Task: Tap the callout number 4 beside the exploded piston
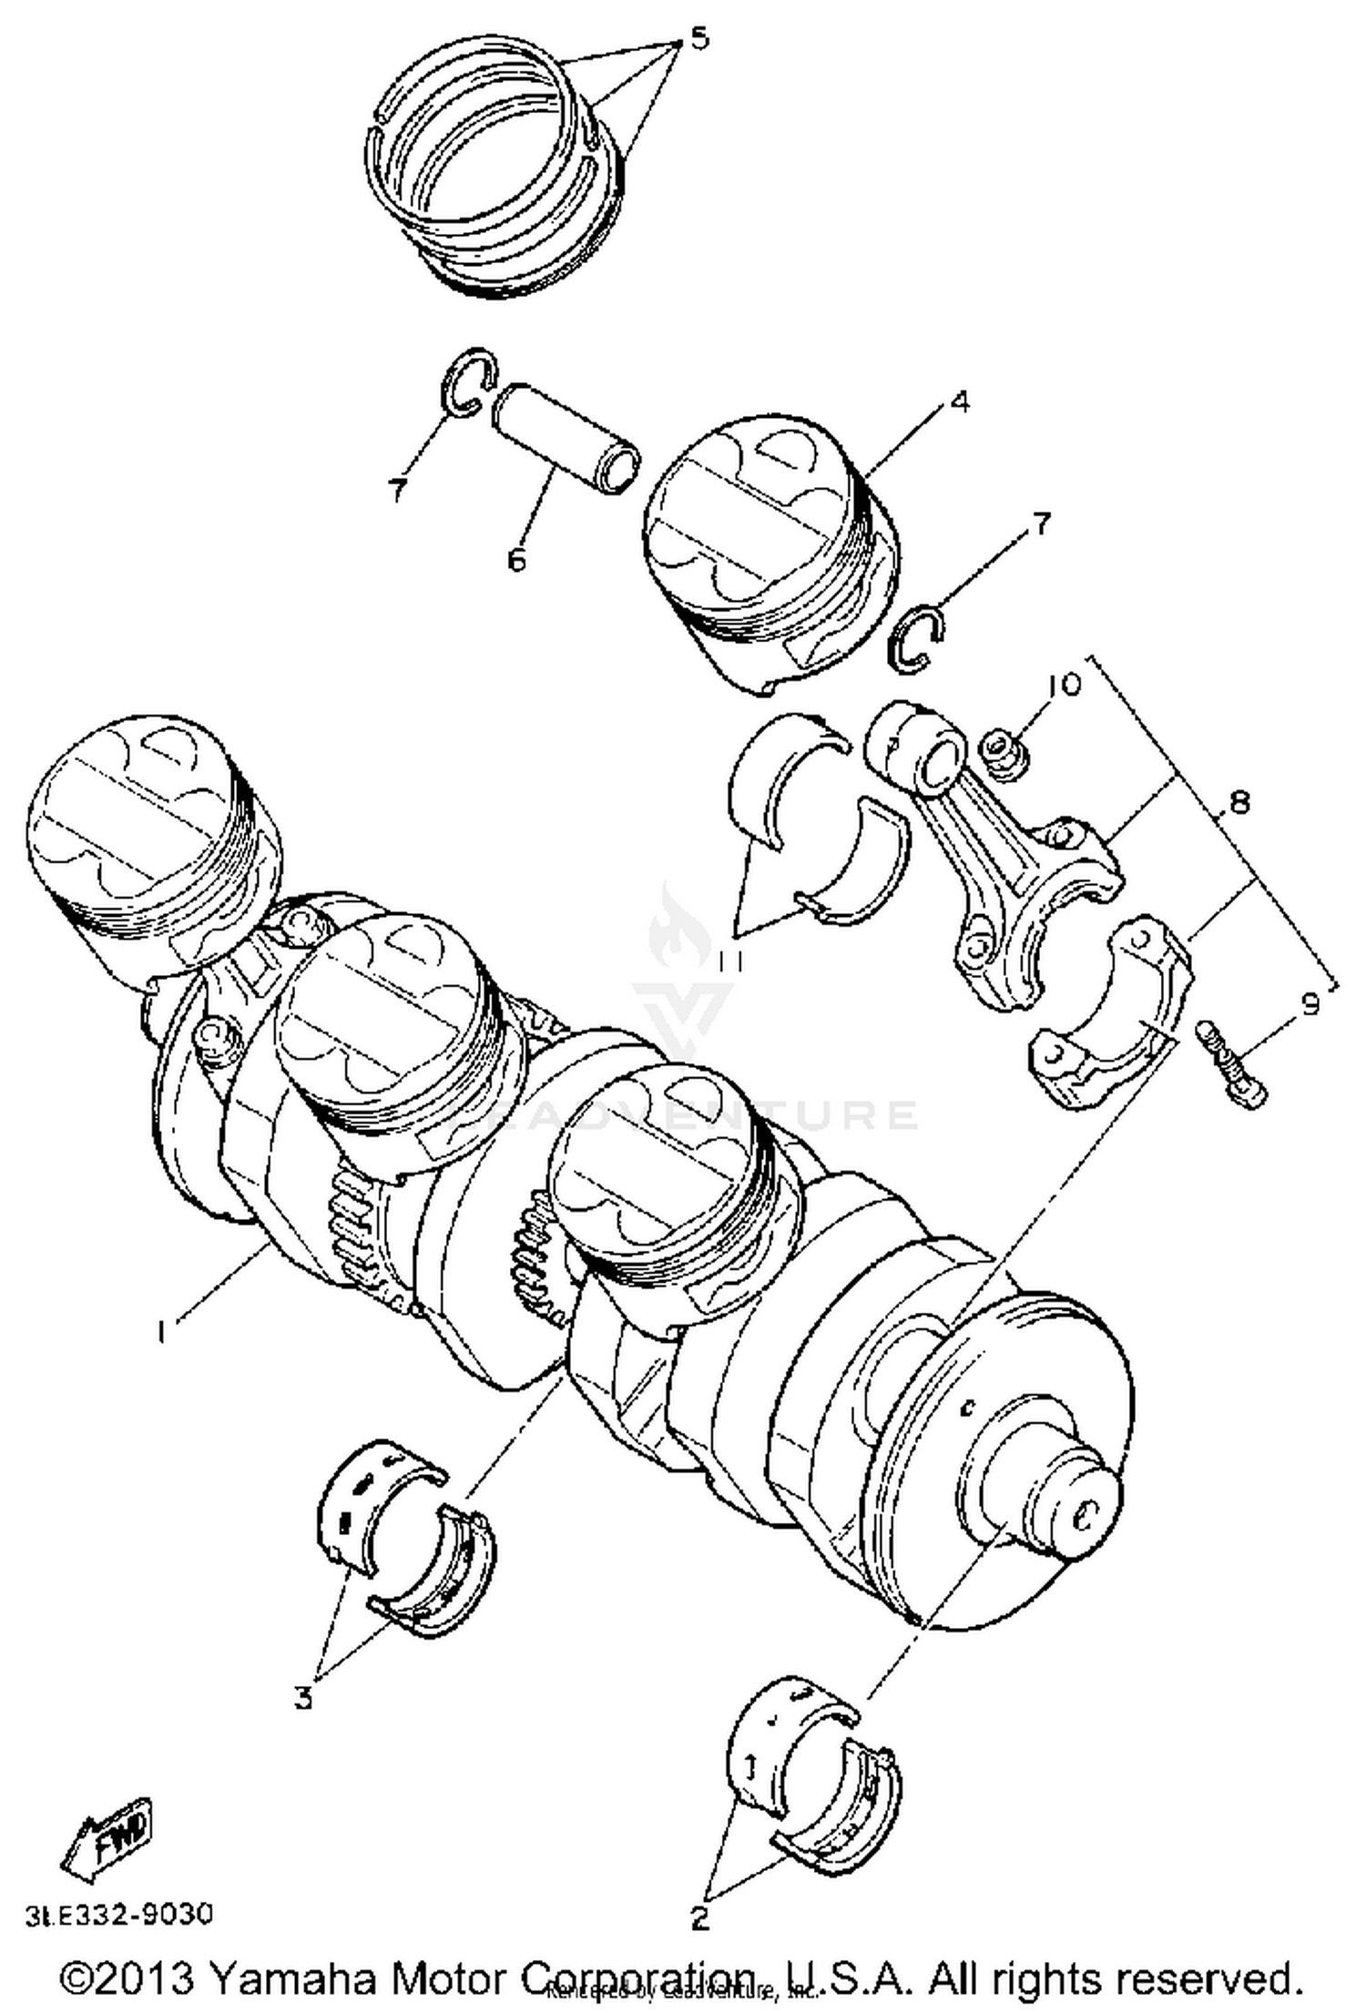coord(959,402)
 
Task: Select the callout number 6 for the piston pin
coord(516,559)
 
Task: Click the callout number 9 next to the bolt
coord(1309,1004)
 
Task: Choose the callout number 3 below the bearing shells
coord(303,1697)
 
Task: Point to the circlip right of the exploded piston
coord(917,640)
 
